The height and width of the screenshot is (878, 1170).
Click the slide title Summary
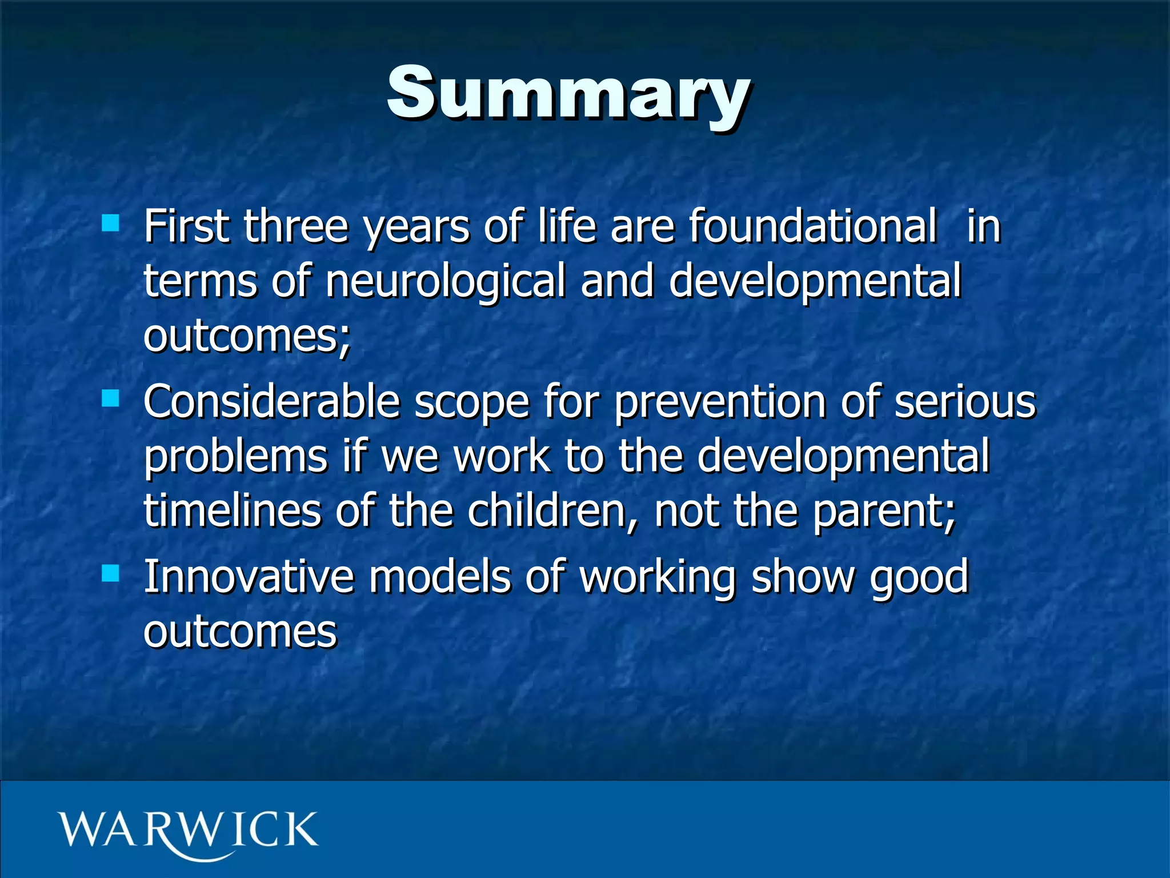(568, 94)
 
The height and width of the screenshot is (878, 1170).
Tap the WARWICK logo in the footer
(187, 832)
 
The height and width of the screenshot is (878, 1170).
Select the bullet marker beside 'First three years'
(110, 222)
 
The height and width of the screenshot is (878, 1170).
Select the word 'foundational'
(812, 226)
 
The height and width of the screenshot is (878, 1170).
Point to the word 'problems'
(235, 457)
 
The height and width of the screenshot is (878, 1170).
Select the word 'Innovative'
(249, 577)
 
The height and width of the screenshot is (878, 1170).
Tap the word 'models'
(439, 577)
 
